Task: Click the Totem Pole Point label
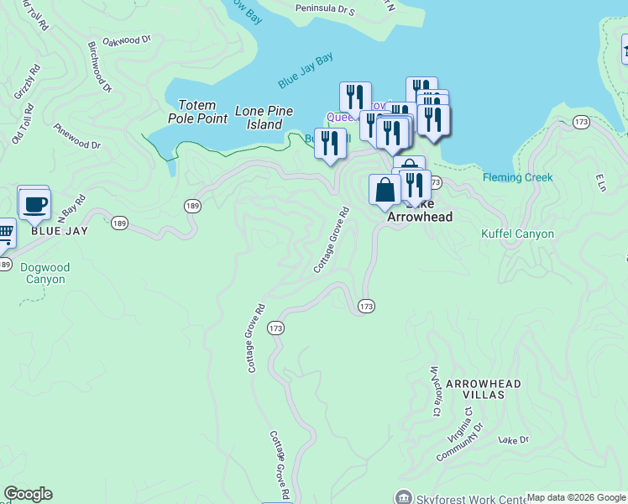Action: [x=202, y=112]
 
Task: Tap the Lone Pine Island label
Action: [x=264, y=118]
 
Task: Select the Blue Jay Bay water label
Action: [x=306, y=71]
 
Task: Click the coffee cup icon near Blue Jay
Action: [x=34, y=204]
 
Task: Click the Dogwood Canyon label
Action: [x=45, y=274]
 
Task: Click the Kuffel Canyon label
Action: [x=517, y=234]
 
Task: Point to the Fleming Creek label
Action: [x=517, y=177]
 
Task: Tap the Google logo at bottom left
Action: [x=28, y=494]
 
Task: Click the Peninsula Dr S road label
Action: [x=325, y=9]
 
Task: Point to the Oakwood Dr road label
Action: [x=126, y=39]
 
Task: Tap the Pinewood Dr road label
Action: [x=76, y=137]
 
